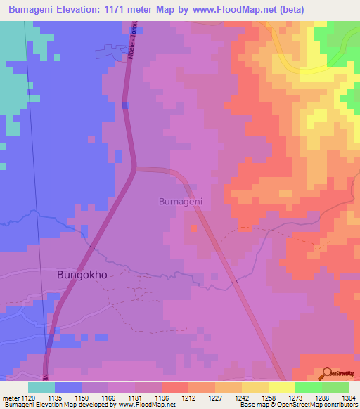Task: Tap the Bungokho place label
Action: point(82,275)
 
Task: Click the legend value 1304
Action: point(347,397)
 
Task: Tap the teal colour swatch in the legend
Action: point(41,387)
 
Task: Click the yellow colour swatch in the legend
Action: point(282,387)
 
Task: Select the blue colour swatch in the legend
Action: point(68,387)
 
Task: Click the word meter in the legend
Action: point(12,397)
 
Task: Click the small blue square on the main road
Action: point(124,105)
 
